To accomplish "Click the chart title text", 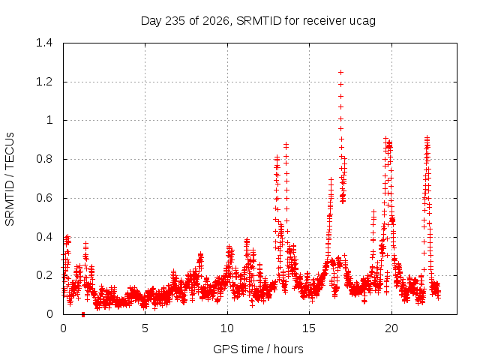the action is click(258, 21).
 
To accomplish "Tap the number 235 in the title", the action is click(175, 21).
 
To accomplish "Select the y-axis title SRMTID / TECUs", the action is click(10, 179).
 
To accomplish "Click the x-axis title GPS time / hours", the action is click(258, 349).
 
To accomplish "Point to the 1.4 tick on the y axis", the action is click(44, 43).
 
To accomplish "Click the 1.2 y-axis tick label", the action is click(44, 82).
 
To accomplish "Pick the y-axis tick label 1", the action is click(49, 120).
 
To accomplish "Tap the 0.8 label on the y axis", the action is click(44, 159).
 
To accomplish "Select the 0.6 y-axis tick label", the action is click(44, 198).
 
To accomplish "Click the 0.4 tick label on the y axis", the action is click(44, 237).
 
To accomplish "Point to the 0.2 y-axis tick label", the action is click(44, 275).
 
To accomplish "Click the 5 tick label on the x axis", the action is click(145, 328).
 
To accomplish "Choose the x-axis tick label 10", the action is click(227, 328).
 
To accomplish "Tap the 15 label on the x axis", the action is click(309, 328).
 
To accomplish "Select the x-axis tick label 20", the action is click(391, 328).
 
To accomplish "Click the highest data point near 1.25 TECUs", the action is click(340, 73).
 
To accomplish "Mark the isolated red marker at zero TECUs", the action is click(83, 314).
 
